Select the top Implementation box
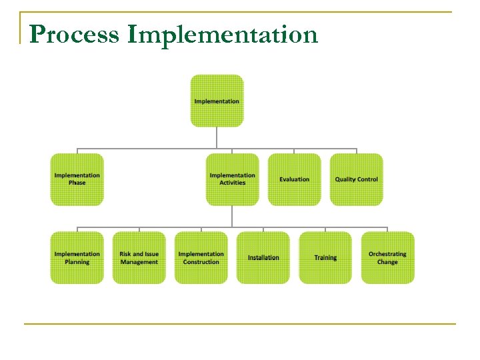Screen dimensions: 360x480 pyautogui.click(x=217, y=101)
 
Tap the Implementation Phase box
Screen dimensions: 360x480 pyautogui.click(x=77, y=179)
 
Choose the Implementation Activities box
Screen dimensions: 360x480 pyautogui.click(x=232, y=179)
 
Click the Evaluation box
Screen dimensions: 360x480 pyautogui.click(x=294, y=179)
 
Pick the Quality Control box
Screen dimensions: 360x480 pyautogui.click(x=356, y=179)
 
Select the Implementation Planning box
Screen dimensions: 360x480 pyautogui.click(x=77, y=258)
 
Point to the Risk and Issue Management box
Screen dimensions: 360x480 pyautogui.click(x=139, y=258)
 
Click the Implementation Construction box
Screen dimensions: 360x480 pyautogui.click(x=201, y=258)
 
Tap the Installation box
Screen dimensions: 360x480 pyautogui.click(x=263, y=258)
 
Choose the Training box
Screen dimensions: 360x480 pyautogui.click(x=325, y=258)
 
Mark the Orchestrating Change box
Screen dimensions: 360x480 pyautogui.click(x=387, y=258)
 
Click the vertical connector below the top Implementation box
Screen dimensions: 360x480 pyautogui.click(x=217, y=137)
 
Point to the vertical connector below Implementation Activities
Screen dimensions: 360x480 pyautogui.click(x=232, y=215)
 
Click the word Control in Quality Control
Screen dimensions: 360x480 pyautogui.click(x=367, y=179)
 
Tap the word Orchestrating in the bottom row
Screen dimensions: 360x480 pyautogui.click(x=387, y=254)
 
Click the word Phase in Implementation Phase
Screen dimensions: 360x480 pyautogui.click(x=77, y=183)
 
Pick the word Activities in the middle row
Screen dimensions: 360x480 pyautogui.click(x=232, y=183)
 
